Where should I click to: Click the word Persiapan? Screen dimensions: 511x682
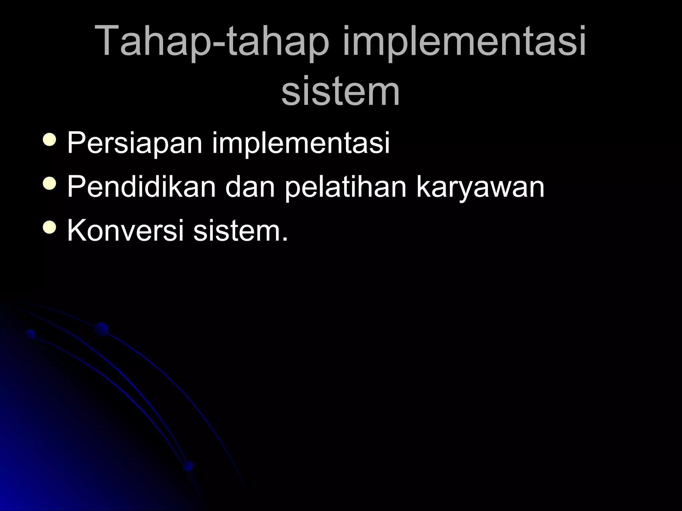coord(135,143)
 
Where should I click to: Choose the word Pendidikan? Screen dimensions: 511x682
coord(141,187)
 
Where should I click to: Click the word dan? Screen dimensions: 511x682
coord(250,187)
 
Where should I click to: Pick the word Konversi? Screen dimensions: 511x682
coord(126,231)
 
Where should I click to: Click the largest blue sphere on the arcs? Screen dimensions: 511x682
coord(101,329)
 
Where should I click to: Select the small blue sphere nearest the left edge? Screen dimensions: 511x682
coord(30,334)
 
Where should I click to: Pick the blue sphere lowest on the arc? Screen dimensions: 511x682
coord(187,465)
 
